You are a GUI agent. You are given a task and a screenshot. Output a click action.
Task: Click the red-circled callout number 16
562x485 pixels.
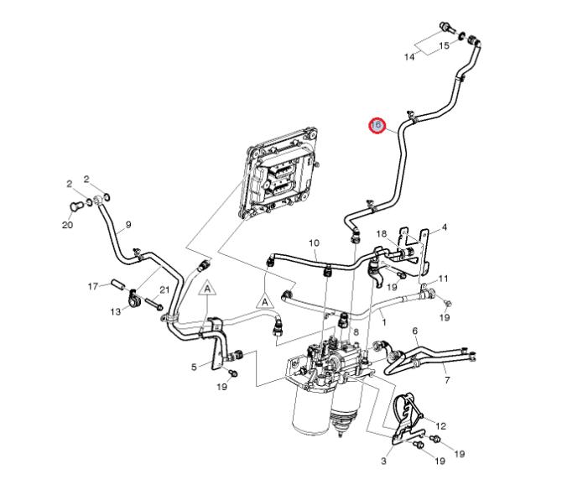377,125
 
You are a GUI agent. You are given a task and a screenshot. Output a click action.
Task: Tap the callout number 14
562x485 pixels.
410,57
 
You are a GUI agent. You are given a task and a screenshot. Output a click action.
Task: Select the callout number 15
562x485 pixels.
444,45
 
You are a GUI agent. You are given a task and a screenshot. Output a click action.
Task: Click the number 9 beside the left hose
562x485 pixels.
128,224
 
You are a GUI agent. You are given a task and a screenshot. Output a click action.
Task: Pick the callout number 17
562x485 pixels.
94,286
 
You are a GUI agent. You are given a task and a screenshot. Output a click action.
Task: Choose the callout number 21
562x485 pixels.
164,290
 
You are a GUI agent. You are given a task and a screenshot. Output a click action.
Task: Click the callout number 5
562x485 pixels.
194,366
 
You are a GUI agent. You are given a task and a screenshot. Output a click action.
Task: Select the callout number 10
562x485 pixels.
314,243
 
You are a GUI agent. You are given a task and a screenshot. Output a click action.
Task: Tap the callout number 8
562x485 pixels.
356,332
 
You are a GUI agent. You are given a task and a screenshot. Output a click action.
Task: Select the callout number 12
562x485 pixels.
440,425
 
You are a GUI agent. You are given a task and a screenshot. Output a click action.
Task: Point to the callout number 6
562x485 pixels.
415,331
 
